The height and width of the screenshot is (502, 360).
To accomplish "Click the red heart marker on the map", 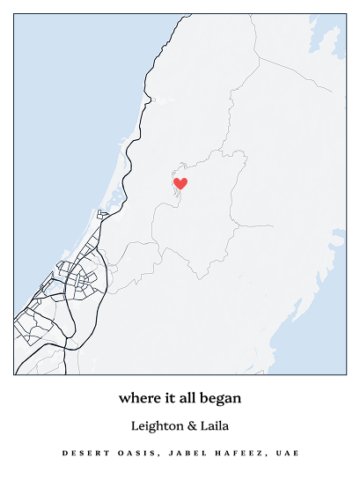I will (180, 183).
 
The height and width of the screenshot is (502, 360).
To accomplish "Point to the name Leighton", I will (158, 425).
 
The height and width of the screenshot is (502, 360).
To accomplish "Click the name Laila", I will (215, 425).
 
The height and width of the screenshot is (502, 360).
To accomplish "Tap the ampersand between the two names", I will (193, 425).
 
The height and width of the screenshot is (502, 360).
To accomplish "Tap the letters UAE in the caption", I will (285, 454).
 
